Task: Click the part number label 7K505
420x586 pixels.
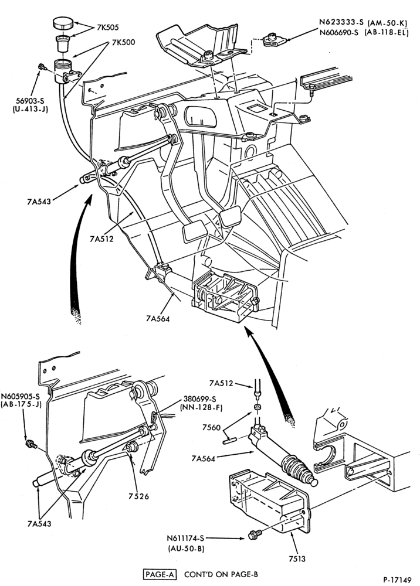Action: tap(109, 28)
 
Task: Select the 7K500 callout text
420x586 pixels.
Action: tap(123, 42)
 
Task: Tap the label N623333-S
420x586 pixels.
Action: tap(341, 22)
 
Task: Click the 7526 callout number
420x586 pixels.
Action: tap(139, 496)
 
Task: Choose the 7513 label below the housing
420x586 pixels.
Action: tap(297, 559)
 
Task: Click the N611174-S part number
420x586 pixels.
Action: tap(185, 538)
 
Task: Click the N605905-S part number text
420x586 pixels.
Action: tap(21, 396)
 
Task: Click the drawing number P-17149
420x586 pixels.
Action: tap(397, 580)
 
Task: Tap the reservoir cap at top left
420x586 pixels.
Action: tap(64, 23)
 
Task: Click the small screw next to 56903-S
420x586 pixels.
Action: tap(42, 67)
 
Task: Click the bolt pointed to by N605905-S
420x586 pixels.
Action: tap(31, 444)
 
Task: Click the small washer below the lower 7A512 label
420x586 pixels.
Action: tap(258, 407)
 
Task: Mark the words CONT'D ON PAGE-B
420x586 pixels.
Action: tap(221, 574)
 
